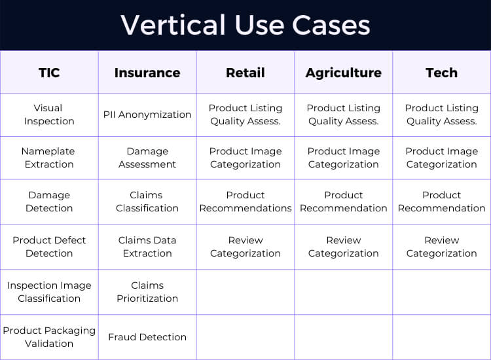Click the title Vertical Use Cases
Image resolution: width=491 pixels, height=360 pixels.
(245, 25)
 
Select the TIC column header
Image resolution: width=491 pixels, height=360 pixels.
(49, 73)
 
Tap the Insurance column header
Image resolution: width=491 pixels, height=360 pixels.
(147, 73)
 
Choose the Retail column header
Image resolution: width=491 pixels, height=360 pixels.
(245, 73)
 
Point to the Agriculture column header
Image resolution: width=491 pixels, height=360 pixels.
(344, 73)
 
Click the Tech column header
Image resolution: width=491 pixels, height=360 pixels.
(442, 73)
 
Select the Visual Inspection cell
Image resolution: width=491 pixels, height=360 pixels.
(49, 115)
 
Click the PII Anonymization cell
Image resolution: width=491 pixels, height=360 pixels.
(147, 115)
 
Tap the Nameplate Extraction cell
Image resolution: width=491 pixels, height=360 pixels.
(49, 158)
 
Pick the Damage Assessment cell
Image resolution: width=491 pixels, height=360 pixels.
(147, 158)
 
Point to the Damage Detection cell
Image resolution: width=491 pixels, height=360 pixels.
(49, 202)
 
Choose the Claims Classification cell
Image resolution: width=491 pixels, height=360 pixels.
(147, 202)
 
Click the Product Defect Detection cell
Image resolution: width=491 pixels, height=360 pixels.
(49, 247)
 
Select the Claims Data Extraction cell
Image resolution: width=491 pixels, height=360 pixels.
(147, 247)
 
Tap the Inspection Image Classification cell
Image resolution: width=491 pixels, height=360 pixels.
(49, 292)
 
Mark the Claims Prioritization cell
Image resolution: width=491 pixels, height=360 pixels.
(147, 292)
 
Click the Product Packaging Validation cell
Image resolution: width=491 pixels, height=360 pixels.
(49, 337)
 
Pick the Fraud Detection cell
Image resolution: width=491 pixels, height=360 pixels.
(147, 337)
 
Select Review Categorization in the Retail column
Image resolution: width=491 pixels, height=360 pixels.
(245, 247)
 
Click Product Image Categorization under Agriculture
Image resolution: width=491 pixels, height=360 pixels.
(344, 158)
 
